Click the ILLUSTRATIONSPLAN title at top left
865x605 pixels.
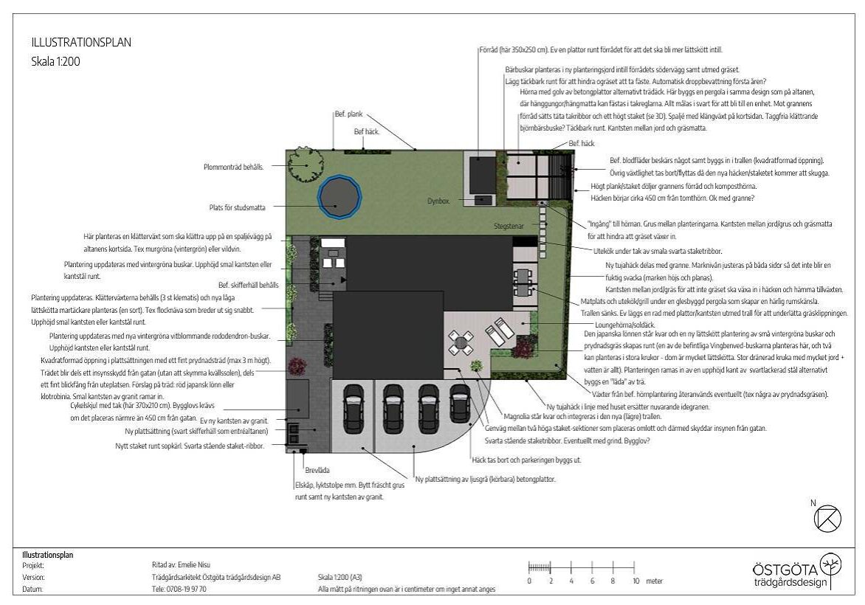[81, 43]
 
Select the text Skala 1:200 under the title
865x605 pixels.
[55, 62]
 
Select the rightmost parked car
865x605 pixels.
[460, 404]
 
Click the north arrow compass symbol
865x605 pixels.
[827, 518]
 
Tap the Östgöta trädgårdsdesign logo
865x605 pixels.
[796, 573]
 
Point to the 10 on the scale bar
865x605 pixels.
[635, 581]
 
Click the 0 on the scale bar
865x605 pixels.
[529, 581]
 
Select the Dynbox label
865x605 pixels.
[438, 201]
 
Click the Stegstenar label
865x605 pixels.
[510, 226]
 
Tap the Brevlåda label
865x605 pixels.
[317, 469]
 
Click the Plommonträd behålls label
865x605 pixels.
[233, 167]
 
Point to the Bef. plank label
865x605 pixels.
[347, 114]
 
